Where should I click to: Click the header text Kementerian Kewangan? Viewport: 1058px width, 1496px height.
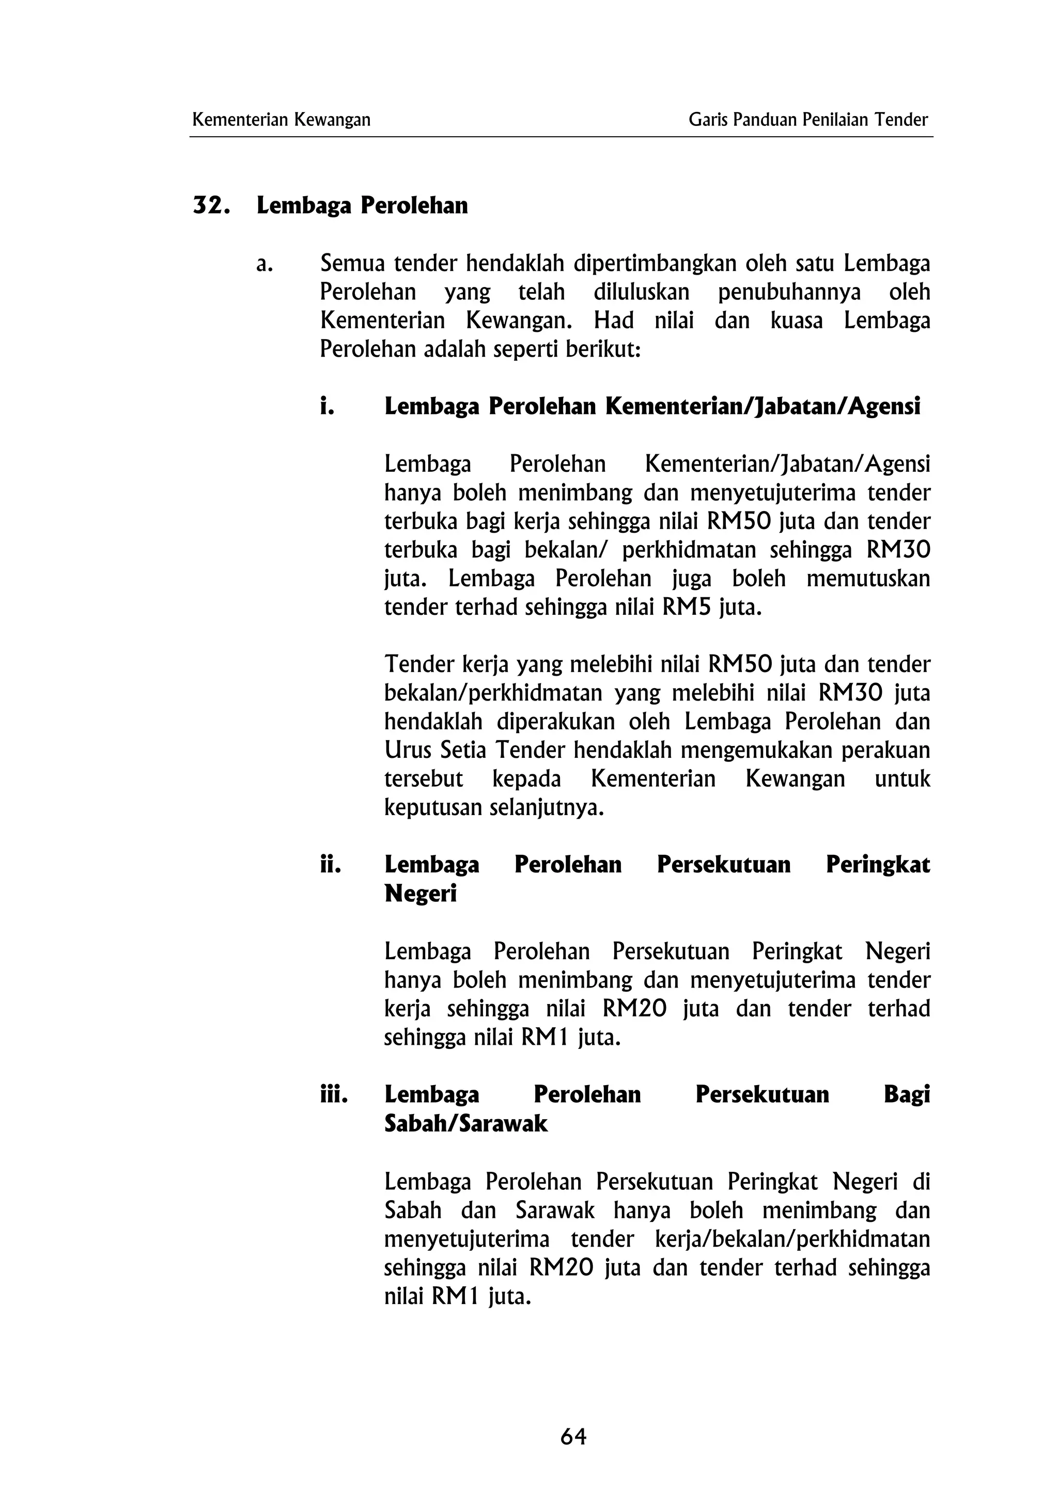pos(282,120)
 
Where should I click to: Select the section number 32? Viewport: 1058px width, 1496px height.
pos(211,206)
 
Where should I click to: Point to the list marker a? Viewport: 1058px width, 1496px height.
pos(264,264)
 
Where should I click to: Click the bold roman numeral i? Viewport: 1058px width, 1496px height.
pos(327,406)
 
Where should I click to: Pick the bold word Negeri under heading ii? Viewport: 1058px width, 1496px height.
pos(421,893)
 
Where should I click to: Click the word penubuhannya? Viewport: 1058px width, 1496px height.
pos(789,293)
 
